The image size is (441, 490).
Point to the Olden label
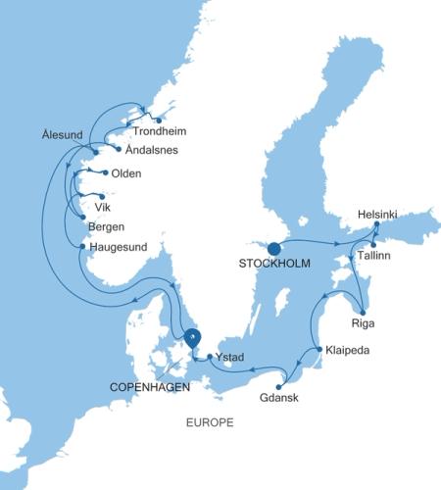tap(127, 173)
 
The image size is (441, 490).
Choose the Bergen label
tap(107, 227)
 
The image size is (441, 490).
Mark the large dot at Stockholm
tap(274, 248)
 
